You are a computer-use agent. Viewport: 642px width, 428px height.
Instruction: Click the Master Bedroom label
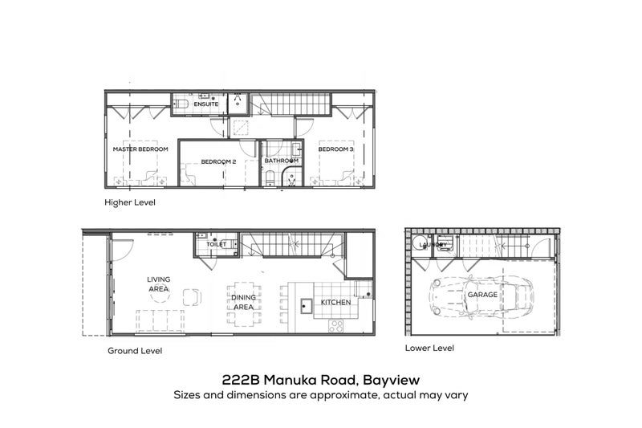pyautogui.click(x=140, y=149)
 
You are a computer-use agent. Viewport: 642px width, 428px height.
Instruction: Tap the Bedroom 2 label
pyautogui.click(x=218, y=161)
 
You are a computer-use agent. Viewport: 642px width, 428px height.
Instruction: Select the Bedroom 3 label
pyautogui.click(x=335, y=149)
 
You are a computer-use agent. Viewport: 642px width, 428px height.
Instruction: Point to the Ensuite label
pyautogui.click(x=206, y=104)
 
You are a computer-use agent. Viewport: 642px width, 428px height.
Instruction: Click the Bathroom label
pyautogui.click(x=282, y=161)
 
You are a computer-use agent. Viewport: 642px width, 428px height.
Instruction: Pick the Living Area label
pyautogui.click(x=158, y=283)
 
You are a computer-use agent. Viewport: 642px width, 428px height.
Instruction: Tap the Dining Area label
pyautogui.click(x=243, y=302)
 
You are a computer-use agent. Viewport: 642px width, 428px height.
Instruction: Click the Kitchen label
pyautogui.click(x=335, y=302)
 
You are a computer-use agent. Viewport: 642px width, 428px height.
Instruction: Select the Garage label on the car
pyautogui.click(x=482, y=295)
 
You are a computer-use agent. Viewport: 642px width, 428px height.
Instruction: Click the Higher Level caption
pyautogui.click(x=130, y=202)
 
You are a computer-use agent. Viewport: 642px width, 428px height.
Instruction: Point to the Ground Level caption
pyautogui.click(x=135, y=351)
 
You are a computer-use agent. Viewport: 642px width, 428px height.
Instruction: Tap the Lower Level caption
pyautogui.click(x=429, y=348)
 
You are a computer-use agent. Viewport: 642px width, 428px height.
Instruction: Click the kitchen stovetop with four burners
pyautogui.click(x=336, y=327)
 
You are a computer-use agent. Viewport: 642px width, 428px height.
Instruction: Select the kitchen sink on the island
pyautogui.click(x=307, y=305)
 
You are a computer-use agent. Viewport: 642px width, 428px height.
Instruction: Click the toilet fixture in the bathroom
pyautogui.click(x=270, y=178)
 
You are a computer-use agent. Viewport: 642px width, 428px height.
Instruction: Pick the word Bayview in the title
pyautogui.click(x=392, y=381)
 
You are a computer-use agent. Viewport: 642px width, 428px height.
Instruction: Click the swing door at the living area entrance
pyautogui.click(x=122, y=249)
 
